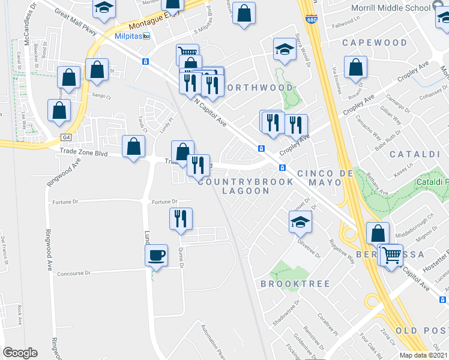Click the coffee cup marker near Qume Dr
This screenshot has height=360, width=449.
click(x=157, y=256)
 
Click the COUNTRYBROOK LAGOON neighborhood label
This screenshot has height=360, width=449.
click(x=246, y=186)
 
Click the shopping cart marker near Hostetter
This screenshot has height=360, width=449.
click(x=392, y=256)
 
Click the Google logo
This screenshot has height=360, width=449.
click(x=20, y=353)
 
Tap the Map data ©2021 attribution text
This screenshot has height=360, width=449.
click(x=423, y=355)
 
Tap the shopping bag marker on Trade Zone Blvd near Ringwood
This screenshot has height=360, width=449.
click(x=133, y=147)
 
